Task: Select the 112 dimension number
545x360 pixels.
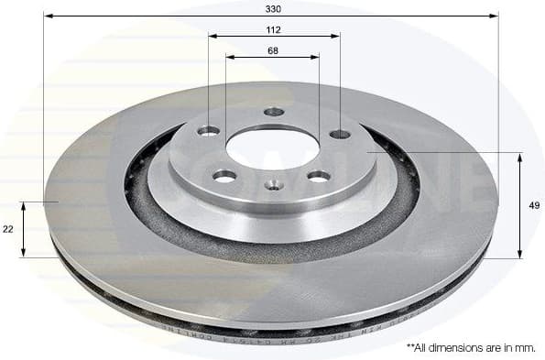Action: (273, 29)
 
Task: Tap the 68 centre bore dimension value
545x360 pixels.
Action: (273, 49)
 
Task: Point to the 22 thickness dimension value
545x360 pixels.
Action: (8, 229)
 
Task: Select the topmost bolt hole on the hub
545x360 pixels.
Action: (274, 112)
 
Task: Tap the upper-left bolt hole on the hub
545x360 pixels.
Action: (209, 130)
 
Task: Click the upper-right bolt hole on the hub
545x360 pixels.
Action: (340, 134)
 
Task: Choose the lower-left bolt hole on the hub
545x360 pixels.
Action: (224, 175)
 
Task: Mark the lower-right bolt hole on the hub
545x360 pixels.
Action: (319, 176)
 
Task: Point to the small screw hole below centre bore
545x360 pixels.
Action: (273, 185)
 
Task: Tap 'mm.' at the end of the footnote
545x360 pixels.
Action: (526, 348)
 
